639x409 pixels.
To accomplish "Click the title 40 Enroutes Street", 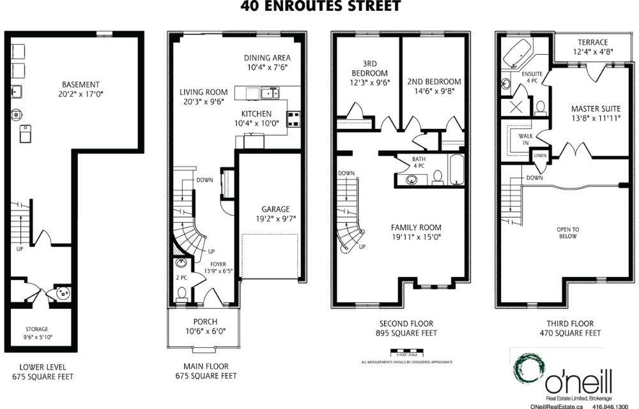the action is point(321,6).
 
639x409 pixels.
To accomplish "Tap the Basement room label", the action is point(81,85).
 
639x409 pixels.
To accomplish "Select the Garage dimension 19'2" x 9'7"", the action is point(276,219).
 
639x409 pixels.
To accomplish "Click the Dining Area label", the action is point(267,58).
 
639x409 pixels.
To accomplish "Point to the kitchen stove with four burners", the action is point(294,119).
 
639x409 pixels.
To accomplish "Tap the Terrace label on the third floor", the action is point(593,42).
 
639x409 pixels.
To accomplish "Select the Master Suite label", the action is point(596,108).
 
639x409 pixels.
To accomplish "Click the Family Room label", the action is point(416,228).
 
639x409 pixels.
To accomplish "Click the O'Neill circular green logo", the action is point(529,370).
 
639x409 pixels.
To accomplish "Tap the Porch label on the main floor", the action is point(205,322).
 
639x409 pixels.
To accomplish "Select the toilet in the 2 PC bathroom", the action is point(181,294).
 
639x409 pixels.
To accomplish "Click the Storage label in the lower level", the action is point(37,329).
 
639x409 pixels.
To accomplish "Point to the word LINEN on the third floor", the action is point(540,156).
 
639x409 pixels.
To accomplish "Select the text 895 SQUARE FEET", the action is point(406,333).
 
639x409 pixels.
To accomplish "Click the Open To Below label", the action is point(567,233).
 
